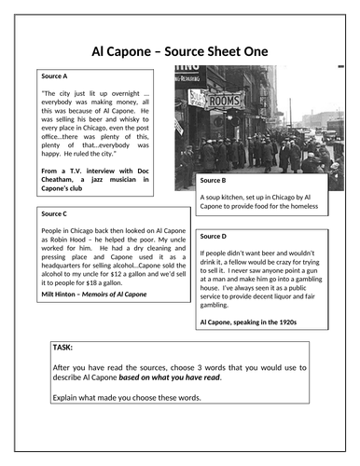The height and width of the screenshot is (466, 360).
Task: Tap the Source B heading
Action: click(x=215, y=179)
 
